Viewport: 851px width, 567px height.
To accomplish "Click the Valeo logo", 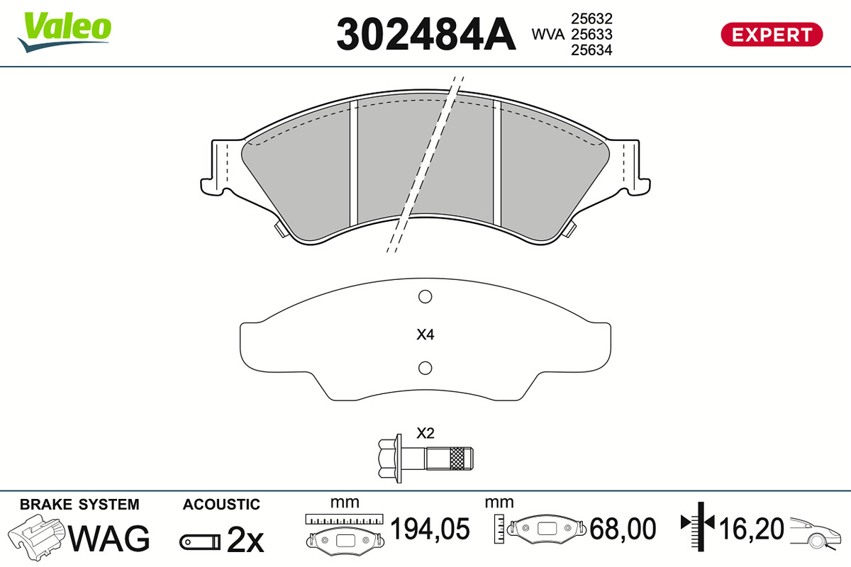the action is coord(65,32).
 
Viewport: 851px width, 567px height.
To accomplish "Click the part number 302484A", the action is coord(426,34).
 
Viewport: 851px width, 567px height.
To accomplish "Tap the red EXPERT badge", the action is coord(772,35).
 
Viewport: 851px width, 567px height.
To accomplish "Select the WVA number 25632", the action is coord(591,18).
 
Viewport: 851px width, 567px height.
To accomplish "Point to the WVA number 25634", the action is coord(591,50).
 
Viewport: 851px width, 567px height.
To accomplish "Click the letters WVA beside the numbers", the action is coord(547,35).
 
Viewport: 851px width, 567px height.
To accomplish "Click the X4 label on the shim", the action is coord(425,335).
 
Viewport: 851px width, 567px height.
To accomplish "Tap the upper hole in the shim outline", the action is coord(425,296).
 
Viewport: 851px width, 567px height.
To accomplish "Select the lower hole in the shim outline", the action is coord(425,368).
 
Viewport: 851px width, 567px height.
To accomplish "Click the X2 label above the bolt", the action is coord(425,433).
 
